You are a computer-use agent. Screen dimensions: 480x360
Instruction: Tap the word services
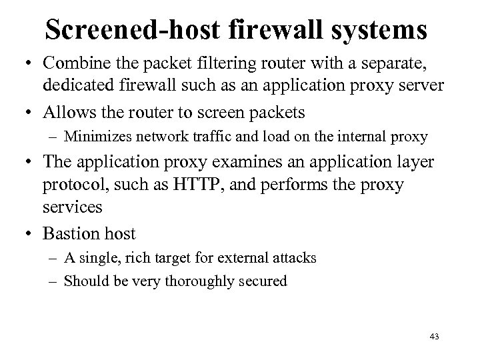coord(71,206)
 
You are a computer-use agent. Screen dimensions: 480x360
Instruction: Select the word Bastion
coord(69,233)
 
